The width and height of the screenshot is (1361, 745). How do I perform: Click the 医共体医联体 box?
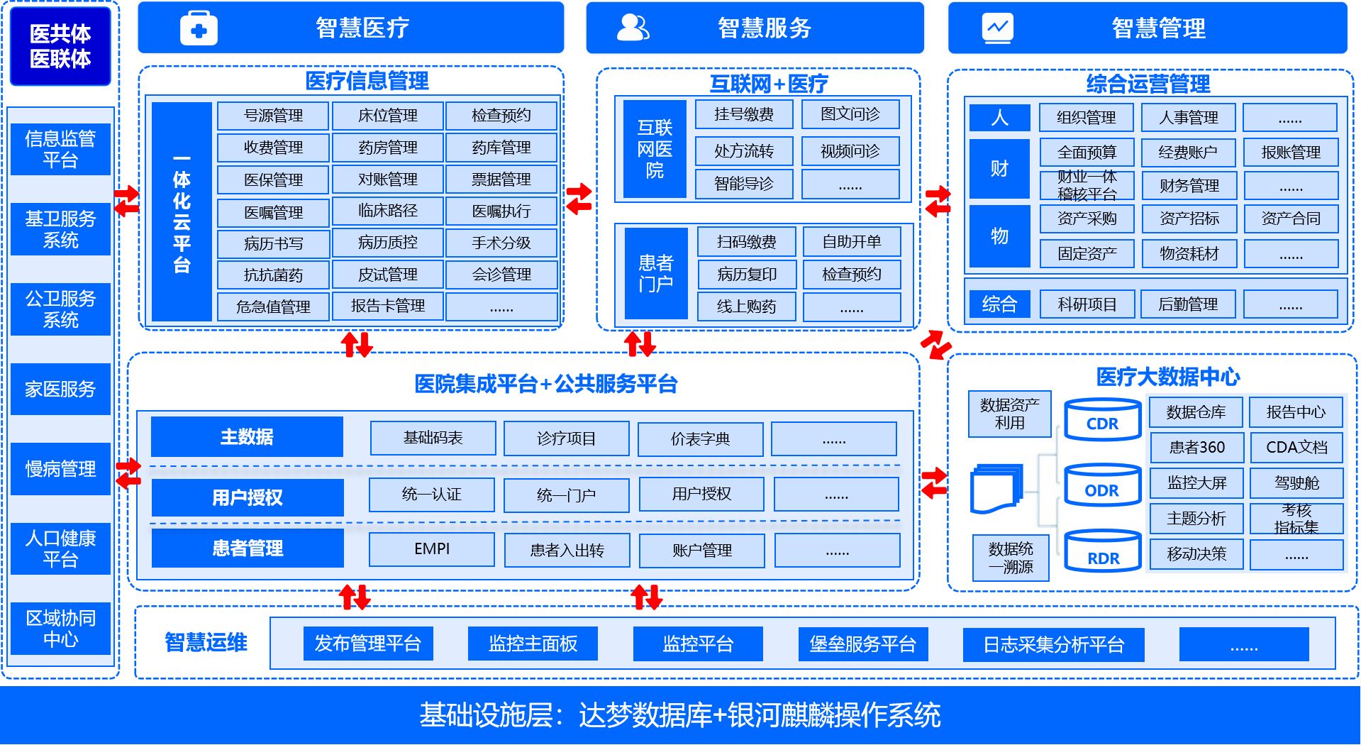tap(60, 46)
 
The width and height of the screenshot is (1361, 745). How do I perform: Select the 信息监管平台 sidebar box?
tap(60, 149)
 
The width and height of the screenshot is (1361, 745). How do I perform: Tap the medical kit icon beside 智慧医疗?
tap(199, 29)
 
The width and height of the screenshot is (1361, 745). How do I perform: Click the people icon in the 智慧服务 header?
tap(633, 28)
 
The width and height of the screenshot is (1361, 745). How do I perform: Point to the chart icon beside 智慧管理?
tap(997, 28)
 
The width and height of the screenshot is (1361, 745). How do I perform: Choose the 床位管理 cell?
tap(387, 116)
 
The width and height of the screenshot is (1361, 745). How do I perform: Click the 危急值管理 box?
tap(273, 307)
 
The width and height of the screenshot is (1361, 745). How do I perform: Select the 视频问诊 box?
tap(850, 151)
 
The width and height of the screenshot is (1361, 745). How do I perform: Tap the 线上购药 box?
tap(746, 307)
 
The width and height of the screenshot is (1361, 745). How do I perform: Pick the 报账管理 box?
tap(1291, 153)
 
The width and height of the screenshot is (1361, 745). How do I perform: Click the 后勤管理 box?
tap(1188, 304)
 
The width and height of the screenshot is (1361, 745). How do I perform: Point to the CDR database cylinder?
tap(1102, 420)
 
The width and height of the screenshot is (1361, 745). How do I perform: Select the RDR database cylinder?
tap(1103, 551)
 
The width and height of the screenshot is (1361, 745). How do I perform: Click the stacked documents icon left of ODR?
tap(996, 488)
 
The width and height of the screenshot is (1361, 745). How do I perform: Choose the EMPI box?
tap(432, 549)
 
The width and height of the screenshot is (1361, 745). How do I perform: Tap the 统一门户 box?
tap(566, 495)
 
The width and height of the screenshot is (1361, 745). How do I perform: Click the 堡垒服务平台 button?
tap(862, 644)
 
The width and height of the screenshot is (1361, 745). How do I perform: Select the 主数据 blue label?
tap(247, 437)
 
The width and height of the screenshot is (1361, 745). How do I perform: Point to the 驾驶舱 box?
tap(1296, 483)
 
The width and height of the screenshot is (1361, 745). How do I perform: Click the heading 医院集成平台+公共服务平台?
tap(545, 384)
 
